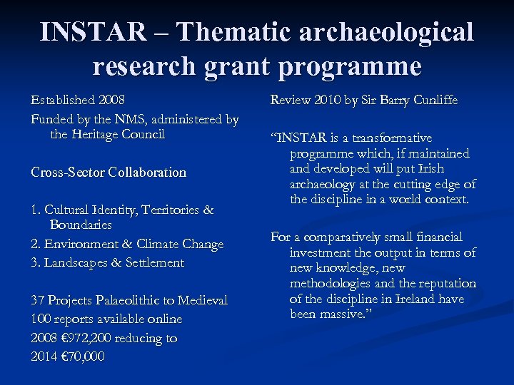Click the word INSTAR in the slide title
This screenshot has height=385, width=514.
click(x=94, y=32)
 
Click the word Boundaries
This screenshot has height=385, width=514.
click(x=81, y=225)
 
